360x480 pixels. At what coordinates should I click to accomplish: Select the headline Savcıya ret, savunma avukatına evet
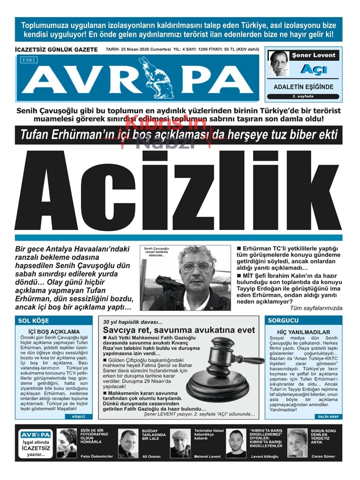tap(179, 330)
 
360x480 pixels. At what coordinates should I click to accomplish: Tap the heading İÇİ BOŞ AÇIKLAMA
tap(54, 331)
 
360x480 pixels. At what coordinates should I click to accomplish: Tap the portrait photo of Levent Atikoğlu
tap(236, 443)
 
